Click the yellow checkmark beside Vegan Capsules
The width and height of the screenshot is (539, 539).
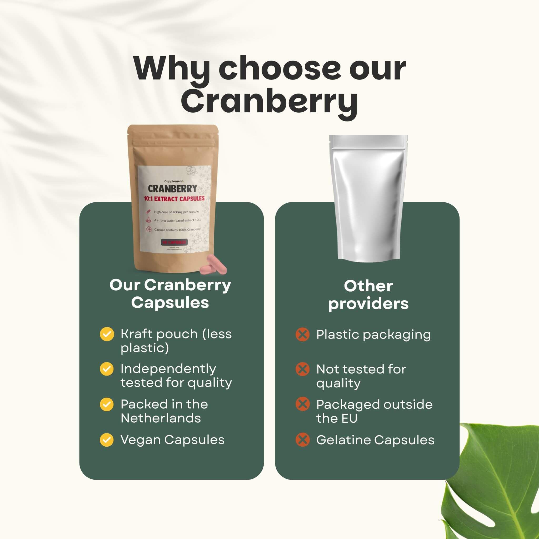(107, 440)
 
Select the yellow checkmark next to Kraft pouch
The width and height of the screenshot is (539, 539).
(107, 334)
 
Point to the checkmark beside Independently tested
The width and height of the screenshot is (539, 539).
(107, 369)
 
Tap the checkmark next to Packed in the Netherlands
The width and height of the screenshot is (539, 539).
(107, 405)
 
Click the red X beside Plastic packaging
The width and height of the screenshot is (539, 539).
(302, 335)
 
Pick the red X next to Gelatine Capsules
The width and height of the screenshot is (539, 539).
(302, 440)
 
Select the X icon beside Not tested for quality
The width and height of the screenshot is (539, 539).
(302, 369)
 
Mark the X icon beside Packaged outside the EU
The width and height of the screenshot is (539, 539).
(302, 405)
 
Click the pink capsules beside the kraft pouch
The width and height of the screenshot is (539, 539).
(213, 265)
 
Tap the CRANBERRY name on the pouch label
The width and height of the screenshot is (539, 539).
(172, 189)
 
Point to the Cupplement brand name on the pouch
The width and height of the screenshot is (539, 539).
(173, 181)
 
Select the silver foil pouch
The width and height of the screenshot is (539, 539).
(368, 198)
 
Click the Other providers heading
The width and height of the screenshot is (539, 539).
(368, 295)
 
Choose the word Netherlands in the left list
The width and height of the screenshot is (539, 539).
(161, 418)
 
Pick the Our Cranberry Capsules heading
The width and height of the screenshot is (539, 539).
(170, 294)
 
